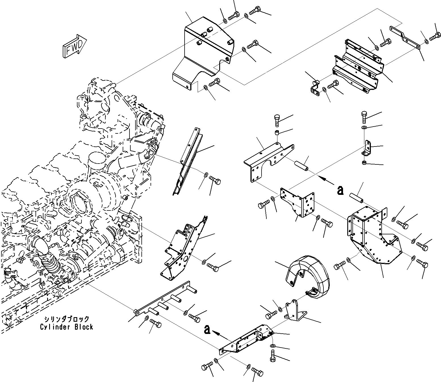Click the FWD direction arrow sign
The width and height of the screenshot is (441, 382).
(74, 46)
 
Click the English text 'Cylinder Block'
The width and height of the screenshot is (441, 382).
(66, 327)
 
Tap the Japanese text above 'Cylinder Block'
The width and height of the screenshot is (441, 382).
(66, 319)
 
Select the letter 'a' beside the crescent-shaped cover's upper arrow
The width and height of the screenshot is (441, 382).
(340, 190)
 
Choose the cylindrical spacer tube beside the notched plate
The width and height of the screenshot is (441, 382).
(301, 165)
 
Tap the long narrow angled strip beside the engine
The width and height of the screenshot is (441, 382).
(187, 162)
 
